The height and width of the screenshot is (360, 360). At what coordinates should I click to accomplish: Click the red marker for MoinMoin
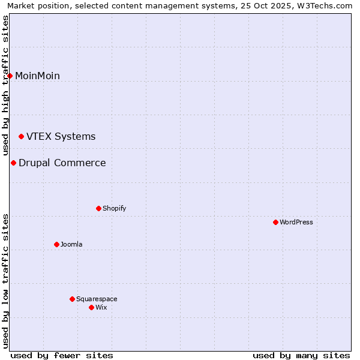10,76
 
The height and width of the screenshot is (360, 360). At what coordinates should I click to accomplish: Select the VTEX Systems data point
22,137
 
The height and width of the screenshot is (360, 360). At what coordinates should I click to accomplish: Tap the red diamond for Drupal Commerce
13,163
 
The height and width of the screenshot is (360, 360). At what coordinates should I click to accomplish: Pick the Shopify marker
98,208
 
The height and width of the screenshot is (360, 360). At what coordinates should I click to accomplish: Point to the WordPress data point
275,222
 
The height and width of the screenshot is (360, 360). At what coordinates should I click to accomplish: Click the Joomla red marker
56,244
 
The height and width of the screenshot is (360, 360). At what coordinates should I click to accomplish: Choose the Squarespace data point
72,299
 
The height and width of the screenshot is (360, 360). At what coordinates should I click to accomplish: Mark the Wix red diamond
91,307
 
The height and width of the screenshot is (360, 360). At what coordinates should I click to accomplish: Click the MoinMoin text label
37,76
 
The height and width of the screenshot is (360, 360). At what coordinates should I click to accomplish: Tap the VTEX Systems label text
61,137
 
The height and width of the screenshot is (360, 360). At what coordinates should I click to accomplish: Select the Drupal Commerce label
62,163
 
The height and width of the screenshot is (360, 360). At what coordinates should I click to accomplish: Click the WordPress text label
296,222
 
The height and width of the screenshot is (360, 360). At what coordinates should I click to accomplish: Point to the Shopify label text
114,208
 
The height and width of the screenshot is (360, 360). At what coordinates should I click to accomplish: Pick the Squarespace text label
97,299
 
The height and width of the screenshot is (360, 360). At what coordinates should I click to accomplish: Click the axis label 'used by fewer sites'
62,355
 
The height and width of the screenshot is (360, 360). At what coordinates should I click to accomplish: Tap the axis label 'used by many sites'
301,355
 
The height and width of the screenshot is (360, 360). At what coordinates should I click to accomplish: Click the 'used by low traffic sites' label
6,281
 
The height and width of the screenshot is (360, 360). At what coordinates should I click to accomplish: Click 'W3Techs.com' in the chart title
328,6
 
